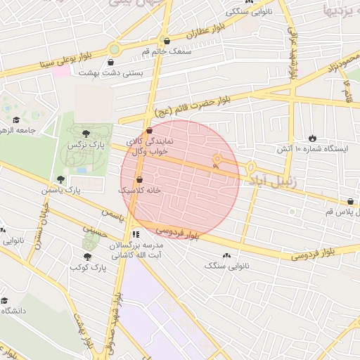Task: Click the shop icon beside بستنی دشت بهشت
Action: [x=112, y=62]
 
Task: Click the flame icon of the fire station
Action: [x=312, y=138]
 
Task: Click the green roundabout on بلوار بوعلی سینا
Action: [x=114, y=49]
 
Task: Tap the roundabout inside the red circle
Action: [x=217, y=162]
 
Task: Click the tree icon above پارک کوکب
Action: [x=86, y=257]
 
